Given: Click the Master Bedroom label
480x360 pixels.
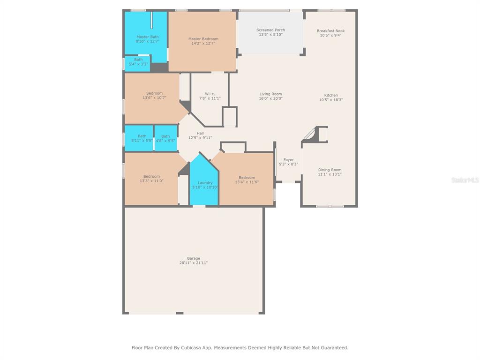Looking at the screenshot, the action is [x=203, y=39].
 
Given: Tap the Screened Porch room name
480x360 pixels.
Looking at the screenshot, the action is [x=270, y=30].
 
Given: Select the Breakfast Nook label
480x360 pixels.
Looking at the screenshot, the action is [x=330, y=30].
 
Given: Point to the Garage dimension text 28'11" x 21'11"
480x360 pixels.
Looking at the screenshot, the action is [x=194, y=262].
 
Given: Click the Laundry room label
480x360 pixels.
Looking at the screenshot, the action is [x=205, y=182].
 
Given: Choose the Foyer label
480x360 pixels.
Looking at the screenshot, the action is [x=288, y=160].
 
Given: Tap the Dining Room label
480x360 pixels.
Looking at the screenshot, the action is [x=330, y=170].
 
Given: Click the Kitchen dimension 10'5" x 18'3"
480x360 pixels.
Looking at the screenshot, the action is [x=331, y=100].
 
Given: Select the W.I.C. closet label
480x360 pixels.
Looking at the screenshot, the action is [x=210, y=94].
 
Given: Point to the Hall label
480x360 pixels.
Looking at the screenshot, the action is [x=200, y=133].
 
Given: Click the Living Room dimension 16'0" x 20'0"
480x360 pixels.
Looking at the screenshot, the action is [x=270, y=98].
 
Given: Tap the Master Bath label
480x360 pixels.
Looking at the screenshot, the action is [x=148, y=37].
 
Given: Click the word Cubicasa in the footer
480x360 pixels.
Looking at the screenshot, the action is [x=192, y=348].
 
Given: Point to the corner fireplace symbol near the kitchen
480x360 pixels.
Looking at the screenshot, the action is [x=315, y=135].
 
